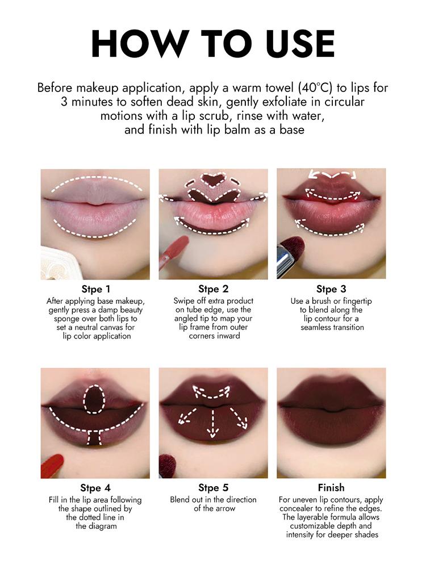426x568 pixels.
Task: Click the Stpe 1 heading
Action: pyautogui.click(x=95, y=289)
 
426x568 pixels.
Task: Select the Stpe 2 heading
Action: pyautogui.click(x=213, y=289)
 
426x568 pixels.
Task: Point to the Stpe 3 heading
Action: pyautogui.click(x=331, y=289)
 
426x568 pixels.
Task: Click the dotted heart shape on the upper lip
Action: pyautogui.click(x=214, y=181)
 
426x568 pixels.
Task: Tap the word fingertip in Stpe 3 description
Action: pyautogui.click(x=352, y=301)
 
